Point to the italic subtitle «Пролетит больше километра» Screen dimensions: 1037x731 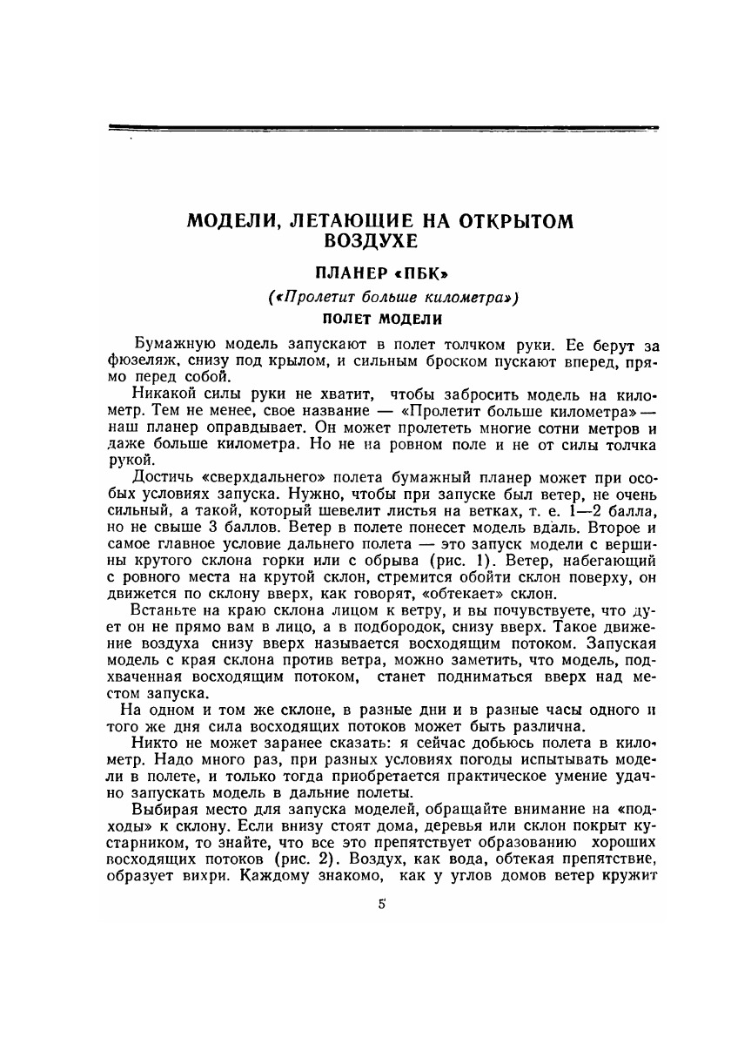[380, 297]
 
